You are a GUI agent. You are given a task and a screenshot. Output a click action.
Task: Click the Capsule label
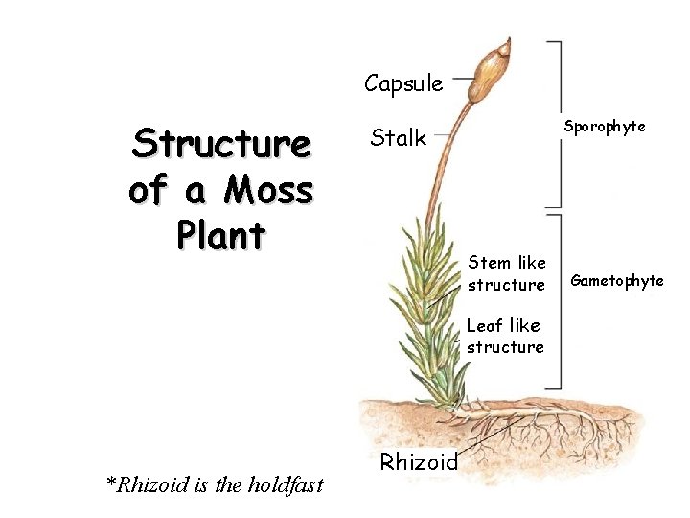click(x=402, y=83)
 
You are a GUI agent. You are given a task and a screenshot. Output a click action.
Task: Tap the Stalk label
click(x=398, y=138)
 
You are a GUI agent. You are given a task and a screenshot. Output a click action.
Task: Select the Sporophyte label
click(x=604, y=126)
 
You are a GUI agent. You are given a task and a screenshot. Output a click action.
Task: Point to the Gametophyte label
click(x=617, y=280)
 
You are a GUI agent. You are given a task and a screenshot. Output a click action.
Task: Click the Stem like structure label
click(x=506, y=272)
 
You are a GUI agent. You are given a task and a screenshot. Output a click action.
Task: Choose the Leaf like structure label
click(x=505, y=336)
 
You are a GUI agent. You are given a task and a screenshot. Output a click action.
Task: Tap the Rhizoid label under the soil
click(x=419, y=461)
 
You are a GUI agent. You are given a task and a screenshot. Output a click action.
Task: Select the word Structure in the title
click(x=221, y=145)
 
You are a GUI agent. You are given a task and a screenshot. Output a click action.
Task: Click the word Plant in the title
click(x=221, y=235)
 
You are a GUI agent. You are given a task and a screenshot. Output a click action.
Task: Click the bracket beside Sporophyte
click(x=557, y=124)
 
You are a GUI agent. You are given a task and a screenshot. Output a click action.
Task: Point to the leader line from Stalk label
click(x=443, y=137)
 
